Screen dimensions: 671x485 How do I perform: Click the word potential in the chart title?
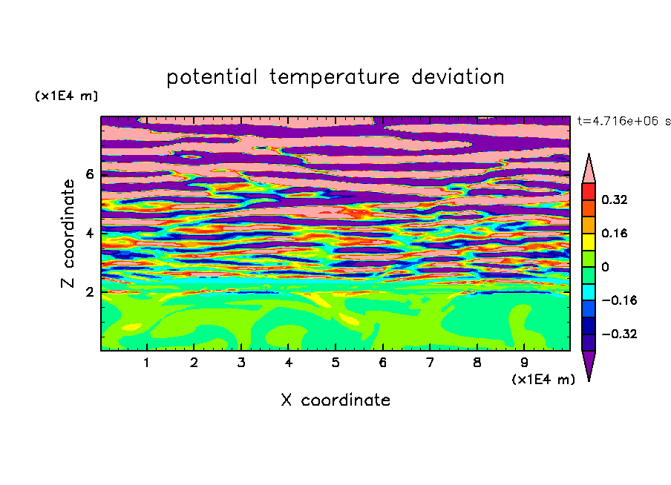212,78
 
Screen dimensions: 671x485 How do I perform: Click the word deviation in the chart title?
457,77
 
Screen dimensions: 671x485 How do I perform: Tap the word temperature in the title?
334,78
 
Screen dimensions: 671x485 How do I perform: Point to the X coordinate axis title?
335,400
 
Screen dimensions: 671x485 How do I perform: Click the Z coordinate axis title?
68,233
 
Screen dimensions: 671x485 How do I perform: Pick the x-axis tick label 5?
335,363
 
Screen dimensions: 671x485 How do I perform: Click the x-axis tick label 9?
524,363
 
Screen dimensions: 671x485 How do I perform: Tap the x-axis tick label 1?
147,363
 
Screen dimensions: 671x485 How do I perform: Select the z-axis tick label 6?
89,174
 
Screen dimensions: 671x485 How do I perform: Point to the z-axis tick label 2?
89,292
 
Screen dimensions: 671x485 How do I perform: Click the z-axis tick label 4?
89,233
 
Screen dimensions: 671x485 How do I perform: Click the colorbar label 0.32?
615,199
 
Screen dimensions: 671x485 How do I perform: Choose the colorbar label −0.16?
619,300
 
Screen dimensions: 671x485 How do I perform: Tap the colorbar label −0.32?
619,334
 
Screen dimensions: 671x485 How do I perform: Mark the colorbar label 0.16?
615,233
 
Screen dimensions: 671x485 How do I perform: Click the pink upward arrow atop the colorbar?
589,168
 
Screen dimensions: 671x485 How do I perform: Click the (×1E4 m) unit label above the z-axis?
66,96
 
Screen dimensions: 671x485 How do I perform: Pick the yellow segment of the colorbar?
589,242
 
